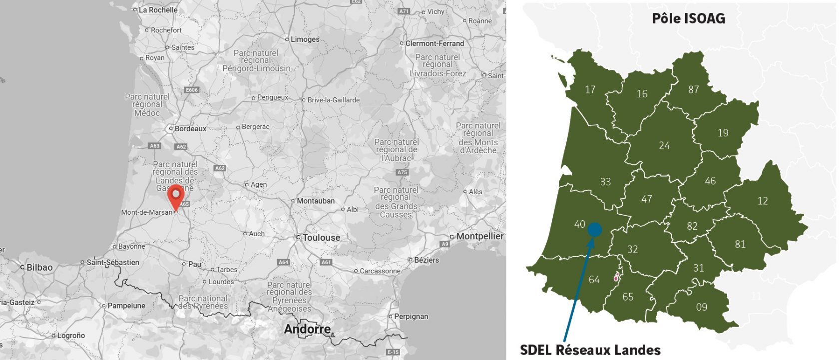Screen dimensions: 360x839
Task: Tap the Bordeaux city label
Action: click(190, 129)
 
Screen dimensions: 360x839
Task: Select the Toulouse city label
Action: click(321, 238)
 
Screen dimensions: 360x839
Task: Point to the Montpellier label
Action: click(479, 236)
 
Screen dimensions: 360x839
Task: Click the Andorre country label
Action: click(307, 329)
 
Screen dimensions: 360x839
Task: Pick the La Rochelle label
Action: click(158, 10)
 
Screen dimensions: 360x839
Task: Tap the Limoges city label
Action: click(305, 39)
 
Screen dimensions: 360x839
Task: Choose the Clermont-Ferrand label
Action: click(434, 43)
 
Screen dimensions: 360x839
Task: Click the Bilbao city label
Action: click(39, 267)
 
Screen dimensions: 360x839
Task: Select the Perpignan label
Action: click(411, 317)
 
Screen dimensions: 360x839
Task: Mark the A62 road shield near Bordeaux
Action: click(181, 147)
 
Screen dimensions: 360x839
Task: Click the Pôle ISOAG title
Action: click(688, 18)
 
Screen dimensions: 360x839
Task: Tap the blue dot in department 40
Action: click(595, 229)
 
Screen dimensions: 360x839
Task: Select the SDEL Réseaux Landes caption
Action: click(590, 350)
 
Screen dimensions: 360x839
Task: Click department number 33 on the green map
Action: click(605, 182)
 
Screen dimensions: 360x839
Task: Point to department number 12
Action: click(762, 201)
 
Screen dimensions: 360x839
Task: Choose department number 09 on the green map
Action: click(701, 307)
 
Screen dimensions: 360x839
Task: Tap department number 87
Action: click(693, 90)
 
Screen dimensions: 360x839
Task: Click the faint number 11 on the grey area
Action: click(756, 296)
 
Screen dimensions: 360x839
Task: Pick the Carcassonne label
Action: click(380, 271)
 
